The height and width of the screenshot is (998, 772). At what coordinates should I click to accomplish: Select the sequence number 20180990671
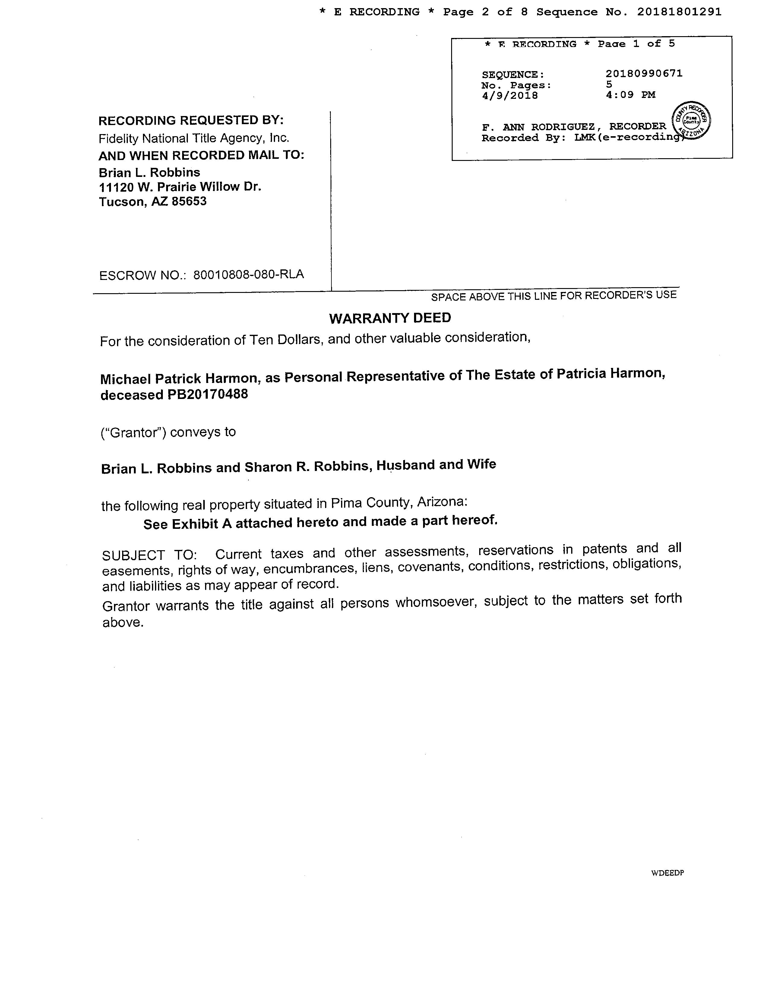tap(644, 74)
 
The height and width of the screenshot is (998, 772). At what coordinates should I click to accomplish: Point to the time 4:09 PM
tap(630, 95)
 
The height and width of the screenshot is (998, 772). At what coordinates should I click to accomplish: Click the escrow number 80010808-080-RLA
tap(248, 275)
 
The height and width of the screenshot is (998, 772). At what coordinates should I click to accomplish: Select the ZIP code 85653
tap(189, 202)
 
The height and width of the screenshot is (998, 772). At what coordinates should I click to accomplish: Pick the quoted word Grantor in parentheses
tap(133, 432)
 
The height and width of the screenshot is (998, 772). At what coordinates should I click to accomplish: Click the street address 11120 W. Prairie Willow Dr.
tap(180, 187)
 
